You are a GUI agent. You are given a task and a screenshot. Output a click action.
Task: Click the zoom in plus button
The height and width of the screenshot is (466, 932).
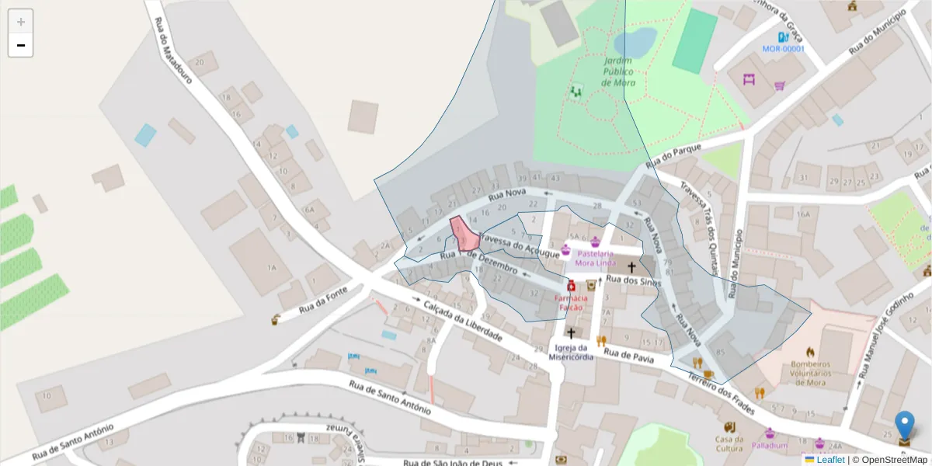tap(21, 22)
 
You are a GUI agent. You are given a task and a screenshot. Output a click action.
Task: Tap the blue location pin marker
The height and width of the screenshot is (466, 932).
tap(905, 426)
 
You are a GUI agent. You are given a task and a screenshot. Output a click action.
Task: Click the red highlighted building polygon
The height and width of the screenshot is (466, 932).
tap(464, 234)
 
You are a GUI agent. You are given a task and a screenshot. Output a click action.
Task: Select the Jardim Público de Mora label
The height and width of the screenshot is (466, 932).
tap(619, 71)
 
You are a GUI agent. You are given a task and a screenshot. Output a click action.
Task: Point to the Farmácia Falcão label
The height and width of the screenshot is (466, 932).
tap(571, 303)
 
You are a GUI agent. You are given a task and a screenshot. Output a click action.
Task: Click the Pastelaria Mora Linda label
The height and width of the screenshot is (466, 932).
tap(596, 258)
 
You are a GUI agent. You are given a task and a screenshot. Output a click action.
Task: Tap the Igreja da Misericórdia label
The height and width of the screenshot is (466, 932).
tap(571, 352)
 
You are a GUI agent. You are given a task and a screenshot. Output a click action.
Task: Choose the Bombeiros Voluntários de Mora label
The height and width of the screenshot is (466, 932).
tap(810, 373)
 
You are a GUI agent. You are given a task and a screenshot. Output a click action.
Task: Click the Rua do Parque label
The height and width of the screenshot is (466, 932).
tap(673, 153)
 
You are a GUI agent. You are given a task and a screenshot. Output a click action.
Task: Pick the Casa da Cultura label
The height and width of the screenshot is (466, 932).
tap(729, 443)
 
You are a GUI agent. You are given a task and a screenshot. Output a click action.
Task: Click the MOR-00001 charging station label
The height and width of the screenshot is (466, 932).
tap(783, 49)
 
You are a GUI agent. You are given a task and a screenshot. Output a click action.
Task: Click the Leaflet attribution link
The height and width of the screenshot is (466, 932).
tap(830, 460)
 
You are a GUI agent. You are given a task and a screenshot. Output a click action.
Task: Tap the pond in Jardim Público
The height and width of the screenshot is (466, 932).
tap(635, 42)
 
